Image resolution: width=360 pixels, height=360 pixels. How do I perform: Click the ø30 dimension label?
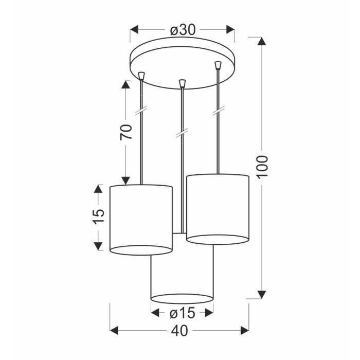coord(183,30)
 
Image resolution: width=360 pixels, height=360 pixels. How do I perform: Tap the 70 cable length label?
coord(126,132)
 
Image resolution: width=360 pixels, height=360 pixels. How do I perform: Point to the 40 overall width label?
coord(179,331)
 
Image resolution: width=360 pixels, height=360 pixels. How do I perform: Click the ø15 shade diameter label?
coord(183,313)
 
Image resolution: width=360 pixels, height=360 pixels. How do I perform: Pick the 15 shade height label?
coord(98,215)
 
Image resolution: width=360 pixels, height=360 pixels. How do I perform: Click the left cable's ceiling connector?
coord(141,76)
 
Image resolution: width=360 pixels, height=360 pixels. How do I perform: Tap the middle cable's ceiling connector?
coord(182,83)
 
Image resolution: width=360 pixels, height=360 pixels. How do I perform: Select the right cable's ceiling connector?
coord(218,65)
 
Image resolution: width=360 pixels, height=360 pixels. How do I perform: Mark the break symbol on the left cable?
coord(141,111)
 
